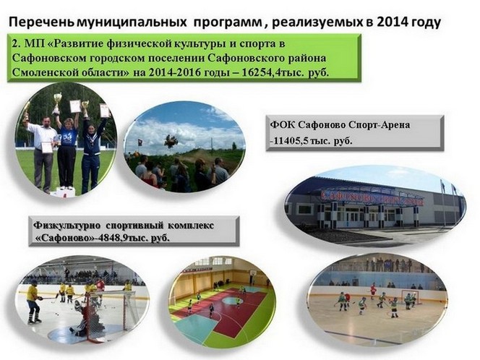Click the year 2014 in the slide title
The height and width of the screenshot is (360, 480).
[392, 22]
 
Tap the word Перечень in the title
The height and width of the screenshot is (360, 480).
[41, 22]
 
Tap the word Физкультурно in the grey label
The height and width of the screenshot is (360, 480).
[67, 226]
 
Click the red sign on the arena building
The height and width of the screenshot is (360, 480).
[372, 198]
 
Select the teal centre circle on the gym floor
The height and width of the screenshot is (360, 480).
[233, 301]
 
